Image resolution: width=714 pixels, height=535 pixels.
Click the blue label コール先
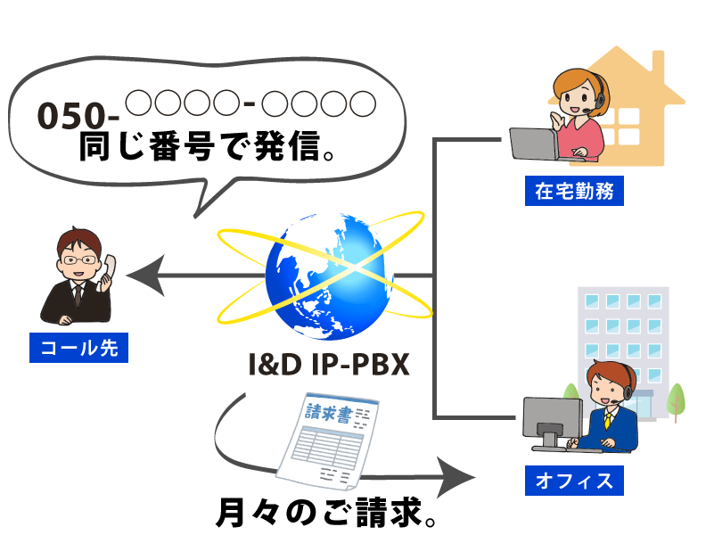coord(79,348)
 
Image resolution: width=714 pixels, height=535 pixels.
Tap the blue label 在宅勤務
coord(574,191)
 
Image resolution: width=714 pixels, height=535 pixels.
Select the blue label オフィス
coord(574,481)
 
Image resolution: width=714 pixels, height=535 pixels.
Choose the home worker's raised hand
coord(558,119)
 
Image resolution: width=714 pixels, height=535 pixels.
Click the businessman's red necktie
coord(78,294)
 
